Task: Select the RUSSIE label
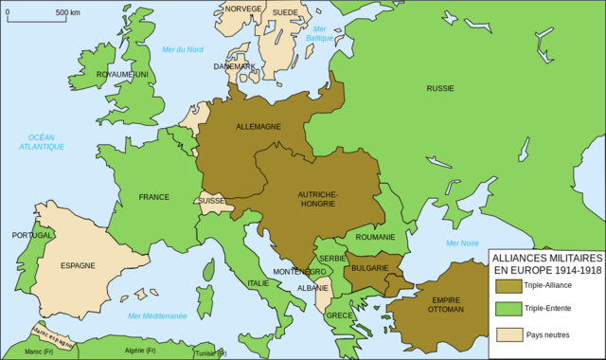point(440,88)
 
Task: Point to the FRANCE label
point(153,197)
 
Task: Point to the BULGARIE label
point(370,268)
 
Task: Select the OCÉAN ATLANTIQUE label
point(45,142)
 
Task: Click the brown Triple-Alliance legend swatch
point(508,285)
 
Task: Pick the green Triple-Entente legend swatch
point(508,308)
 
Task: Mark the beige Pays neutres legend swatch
point(508,333)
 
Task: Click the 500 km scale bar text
point(67,13)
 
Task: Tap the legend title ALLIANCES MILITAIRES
point(546,258)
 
